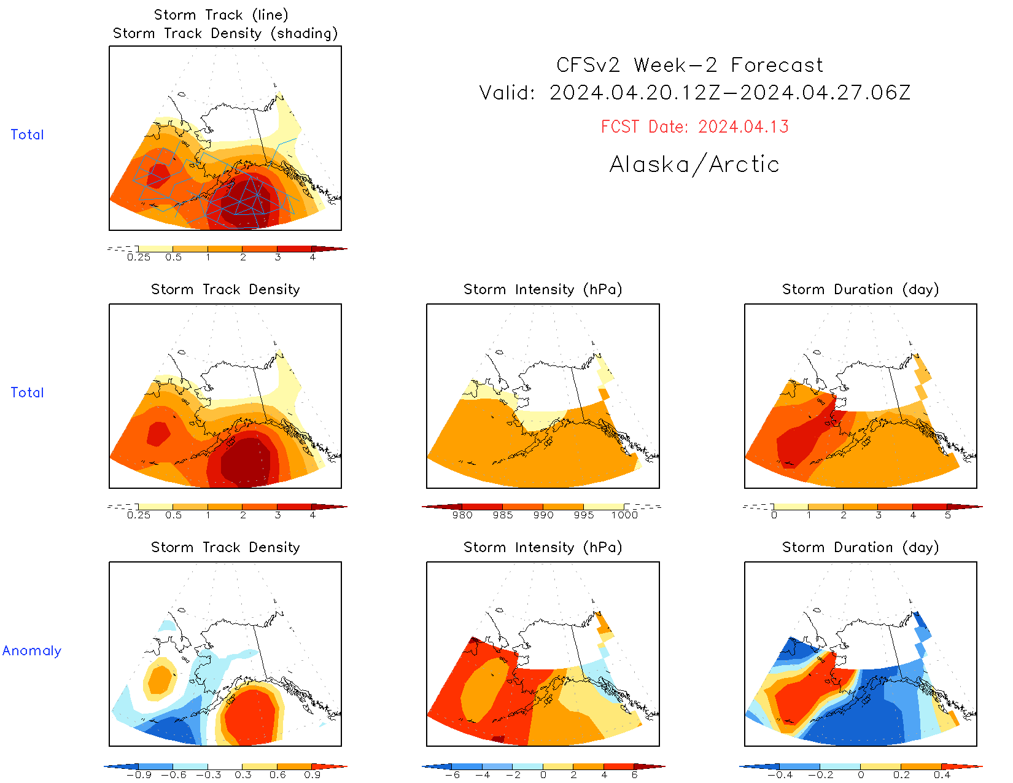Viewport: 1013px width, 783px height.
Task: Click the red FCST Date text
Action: [694, 127]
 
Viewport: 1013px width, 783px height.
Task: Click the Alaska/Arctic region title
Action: [694, 165]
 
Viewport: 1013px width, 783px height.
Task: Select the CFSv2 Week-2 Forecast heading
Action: [689, 65]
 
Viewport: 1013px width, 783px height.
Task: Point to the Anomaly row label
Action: [32, 651]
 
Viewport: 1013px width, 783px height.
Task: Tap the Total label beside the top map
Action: [28, 134]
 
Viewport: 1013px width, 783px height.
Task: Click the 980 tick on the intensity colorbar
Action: [462, 515]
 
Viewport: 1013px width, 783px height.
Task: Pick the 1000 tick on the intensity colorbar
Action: [624, 515]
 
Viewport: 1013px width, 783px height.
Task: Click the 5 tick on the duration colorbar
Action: [948, 515]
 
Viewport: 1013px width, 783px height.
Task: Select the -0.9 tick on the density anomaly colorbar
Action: [139, 774]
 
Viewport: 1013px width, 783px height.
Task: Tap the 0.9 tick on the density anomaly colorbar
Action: [312, 774]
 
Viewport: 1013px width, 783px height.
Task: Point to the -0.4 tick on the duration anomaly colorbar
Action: [780, 774]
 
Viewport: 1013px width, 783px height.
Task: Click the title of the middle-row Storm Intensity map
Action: [543, 289]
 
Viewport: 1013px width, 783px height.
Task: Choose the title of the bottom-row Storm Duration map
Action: [860, 547]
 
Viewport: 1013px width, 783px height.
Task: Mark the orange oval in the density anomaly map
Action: [160, 679]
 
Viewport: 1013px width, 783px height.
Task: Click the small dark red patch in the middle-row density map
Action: [158, 434]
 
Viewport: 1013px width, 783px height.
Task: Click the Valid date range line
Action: [694, 93]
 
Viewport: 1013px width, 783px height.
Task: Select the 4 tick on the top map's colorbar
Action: [312, 257]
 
